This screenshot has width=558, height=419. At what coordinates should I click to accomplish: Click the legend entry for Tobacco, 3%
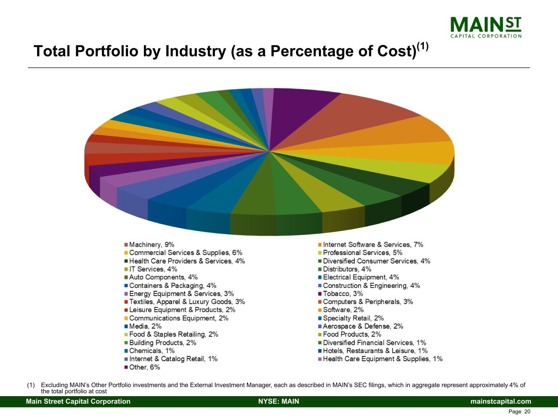tap(343, 294)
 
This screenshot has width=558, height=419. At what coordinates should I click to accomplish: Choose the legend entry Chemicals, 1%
tap(152, 351)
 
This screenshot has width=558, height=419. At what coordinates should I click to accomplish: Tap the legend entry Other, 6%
tap(144, 367)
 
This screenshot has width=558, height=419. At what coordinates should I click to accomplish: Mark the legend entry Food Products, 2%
tap(352, 335)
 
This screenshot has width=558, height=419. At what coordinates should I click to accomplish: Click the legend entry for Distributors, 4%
tap(347, 269)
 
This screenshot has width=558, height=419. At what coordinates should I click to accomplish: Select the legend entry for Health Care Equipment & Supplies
tap(382, 359)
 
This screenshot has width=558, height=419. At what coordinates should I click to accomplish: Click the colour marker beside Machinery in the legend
tap(126, 245)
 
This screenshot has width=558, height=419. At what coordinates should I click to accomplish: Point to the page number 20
tap(527, 412)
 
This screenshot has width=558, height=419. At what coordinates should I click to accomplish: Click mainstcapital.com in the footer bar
tap(501, 401)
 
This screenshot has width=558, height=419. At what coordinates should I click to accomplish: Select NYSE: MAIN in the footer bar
tap(279, 401)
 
